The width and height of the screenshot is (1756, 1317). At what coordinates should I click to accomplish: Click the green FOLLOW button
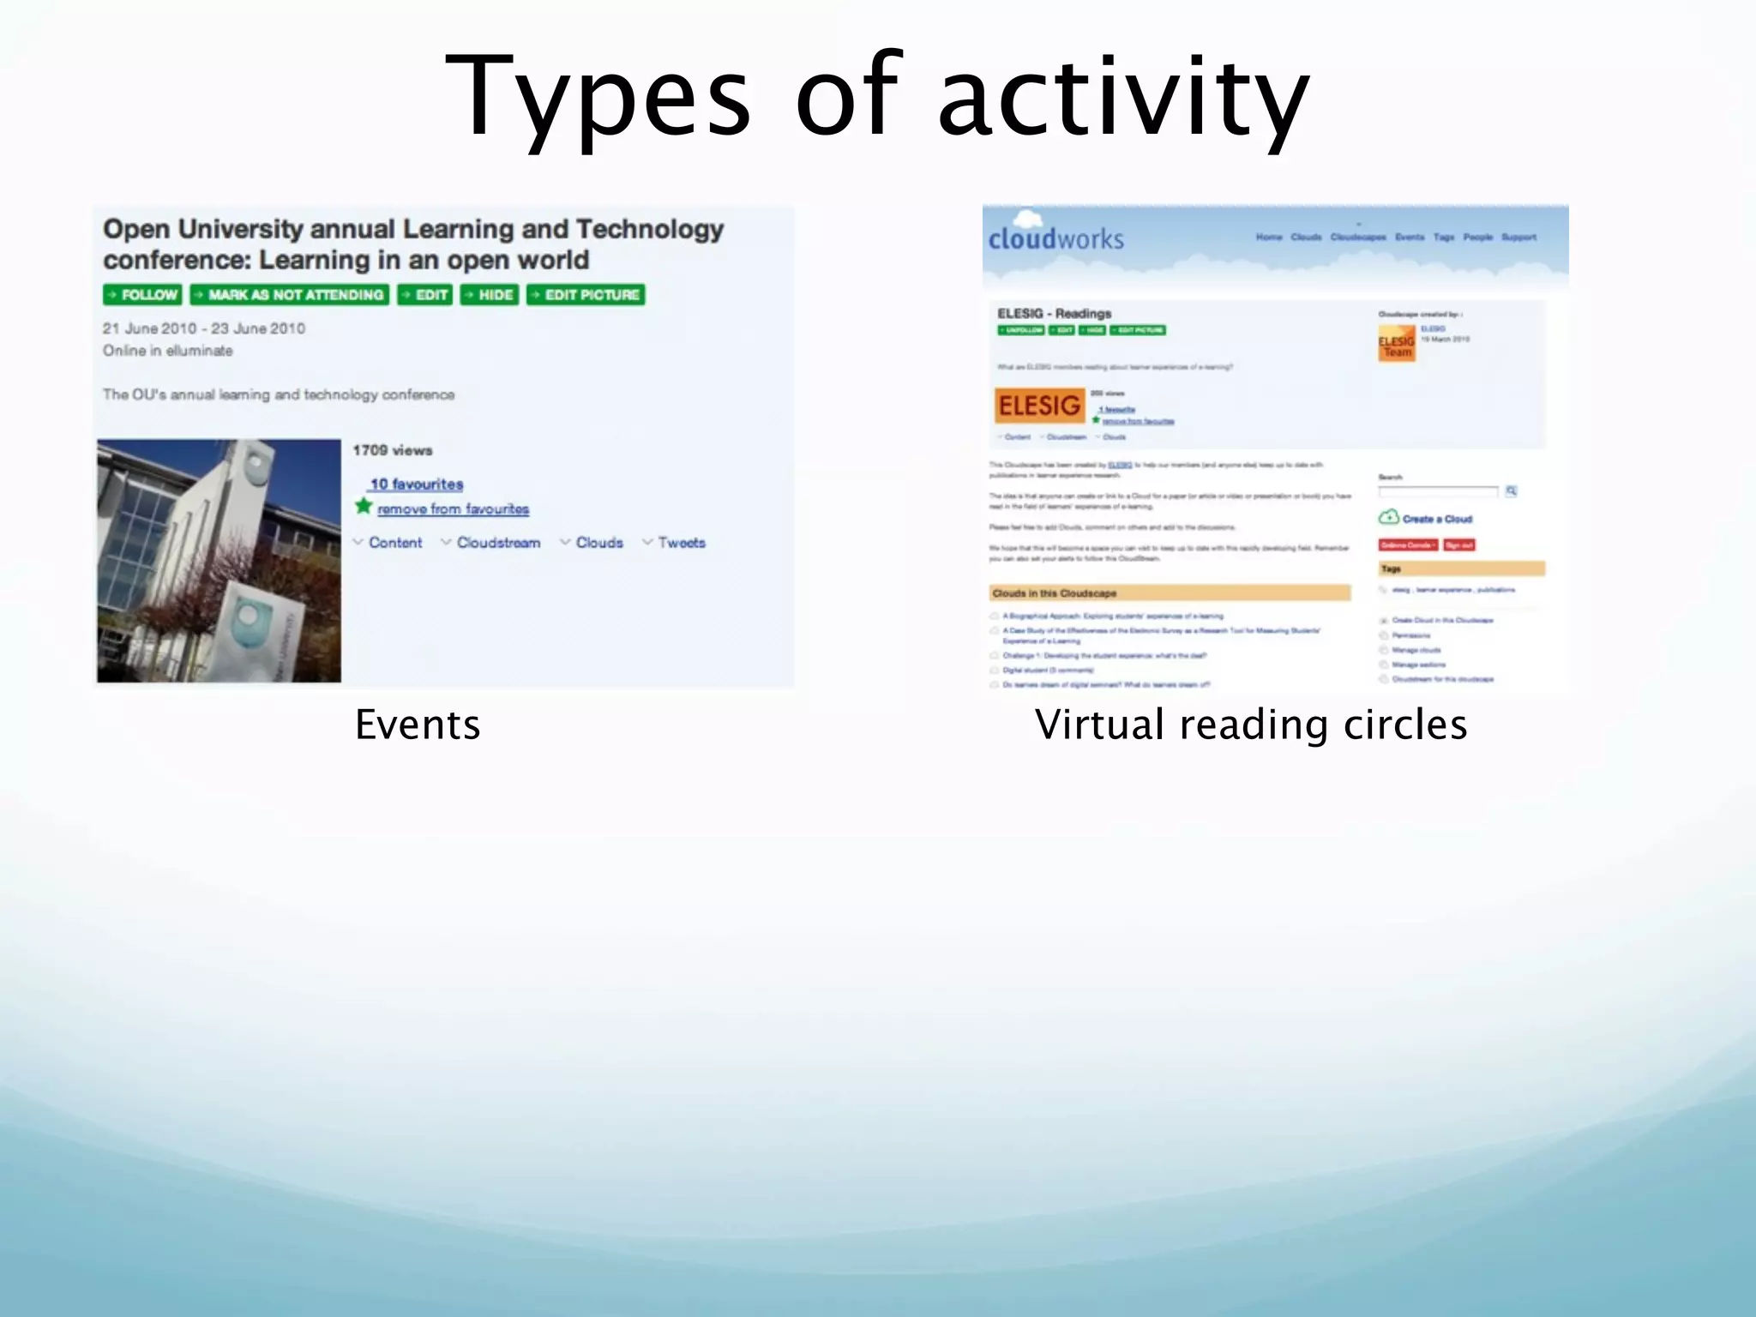pos(142,295)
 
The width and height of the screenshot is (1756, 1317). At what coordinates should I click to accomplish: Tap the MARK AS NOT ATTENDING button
pos(289,295)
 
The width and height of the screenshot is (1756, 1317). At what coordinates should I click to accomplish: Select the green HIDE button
pos(489,295)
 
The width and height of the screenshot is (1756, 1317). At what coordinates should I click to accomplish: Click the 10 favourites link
pos(417,484)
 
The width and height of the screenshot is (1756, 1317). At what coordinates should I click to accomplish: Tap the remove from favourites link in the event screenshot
pos(453,509)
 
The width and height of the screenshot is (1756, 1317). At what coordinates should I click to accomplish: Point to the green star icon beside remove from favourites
pos(364,506)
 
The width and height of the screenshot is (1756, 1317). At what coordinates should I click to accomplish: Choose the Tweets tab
pos(681,543)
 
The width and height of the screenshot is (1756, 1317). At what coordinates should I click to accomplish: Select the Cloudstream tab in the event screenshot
pos(497,543)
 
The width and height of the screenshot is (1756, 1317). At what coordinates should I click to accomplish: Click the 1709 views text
pos(393,450)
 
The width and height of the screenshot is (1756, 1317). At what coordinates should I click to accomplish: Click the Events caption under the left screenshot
pos(418,725)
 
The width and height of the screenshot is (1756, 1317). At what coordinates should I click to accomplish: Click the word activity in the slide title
pos(1123,96)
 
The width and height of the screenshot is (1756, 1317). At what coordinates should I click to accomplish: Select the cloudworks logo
pos(1055,238)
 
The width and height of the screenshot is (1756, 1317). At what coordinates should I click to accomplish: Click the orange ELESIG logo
pos(1039,406)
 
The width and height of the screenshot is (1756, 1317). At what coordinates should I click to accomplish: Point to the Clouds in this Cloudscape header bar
pos(1170,593)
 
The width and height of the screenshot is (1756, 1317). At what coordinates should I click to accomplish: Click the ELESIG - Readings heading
pos(1054,314)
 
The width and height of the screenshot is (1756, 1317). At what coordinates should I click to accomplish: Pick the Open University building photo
pos(219,561)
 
